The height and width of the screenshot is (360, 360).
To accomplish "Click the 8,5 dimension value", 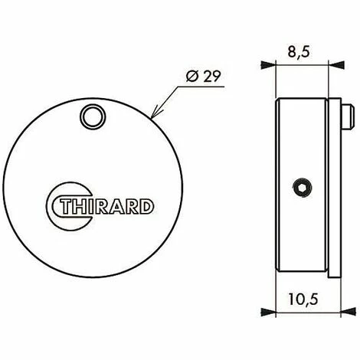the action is pos(299,51).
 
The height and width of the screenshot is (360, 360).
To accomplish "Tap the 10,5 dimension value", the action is pos(303,299).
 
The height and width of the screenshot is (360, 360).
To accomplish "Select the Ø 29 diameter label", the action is pos(203,76).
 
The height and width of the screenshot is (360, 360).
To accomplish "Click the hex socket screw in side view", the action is pos(303,188).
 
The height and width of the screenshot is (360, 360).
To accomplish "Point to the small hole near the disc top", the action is pos(93,117).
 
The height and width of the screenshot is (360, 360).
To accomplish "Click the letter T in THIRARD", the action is pos(65,206).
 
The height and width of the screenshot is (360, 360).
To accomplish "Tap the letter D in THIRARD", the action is pos(147,206).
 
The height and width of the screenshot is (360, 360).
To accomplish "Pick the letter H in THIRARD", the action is pos(79,206).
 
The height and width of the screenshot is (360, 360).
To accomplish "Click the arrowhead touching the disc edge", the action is pos(155,114).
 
